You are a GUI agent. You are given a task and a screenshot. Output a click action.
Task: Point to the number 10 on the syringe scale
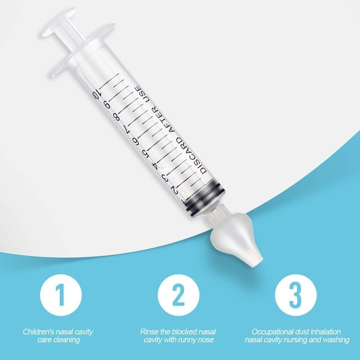pos(96,94)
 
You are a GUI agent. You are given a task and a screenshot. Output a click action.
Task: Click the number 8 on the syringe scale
pos(116,117)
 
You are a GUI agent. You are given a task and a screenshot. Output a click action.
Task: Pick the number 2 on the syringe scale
pos(175,190)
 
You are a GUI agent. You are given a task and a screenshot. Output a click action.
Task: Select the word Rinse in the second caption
pos(148,332)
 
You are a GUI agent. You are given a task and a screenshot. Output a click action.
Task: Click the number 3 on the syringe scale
pos(165,177)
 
